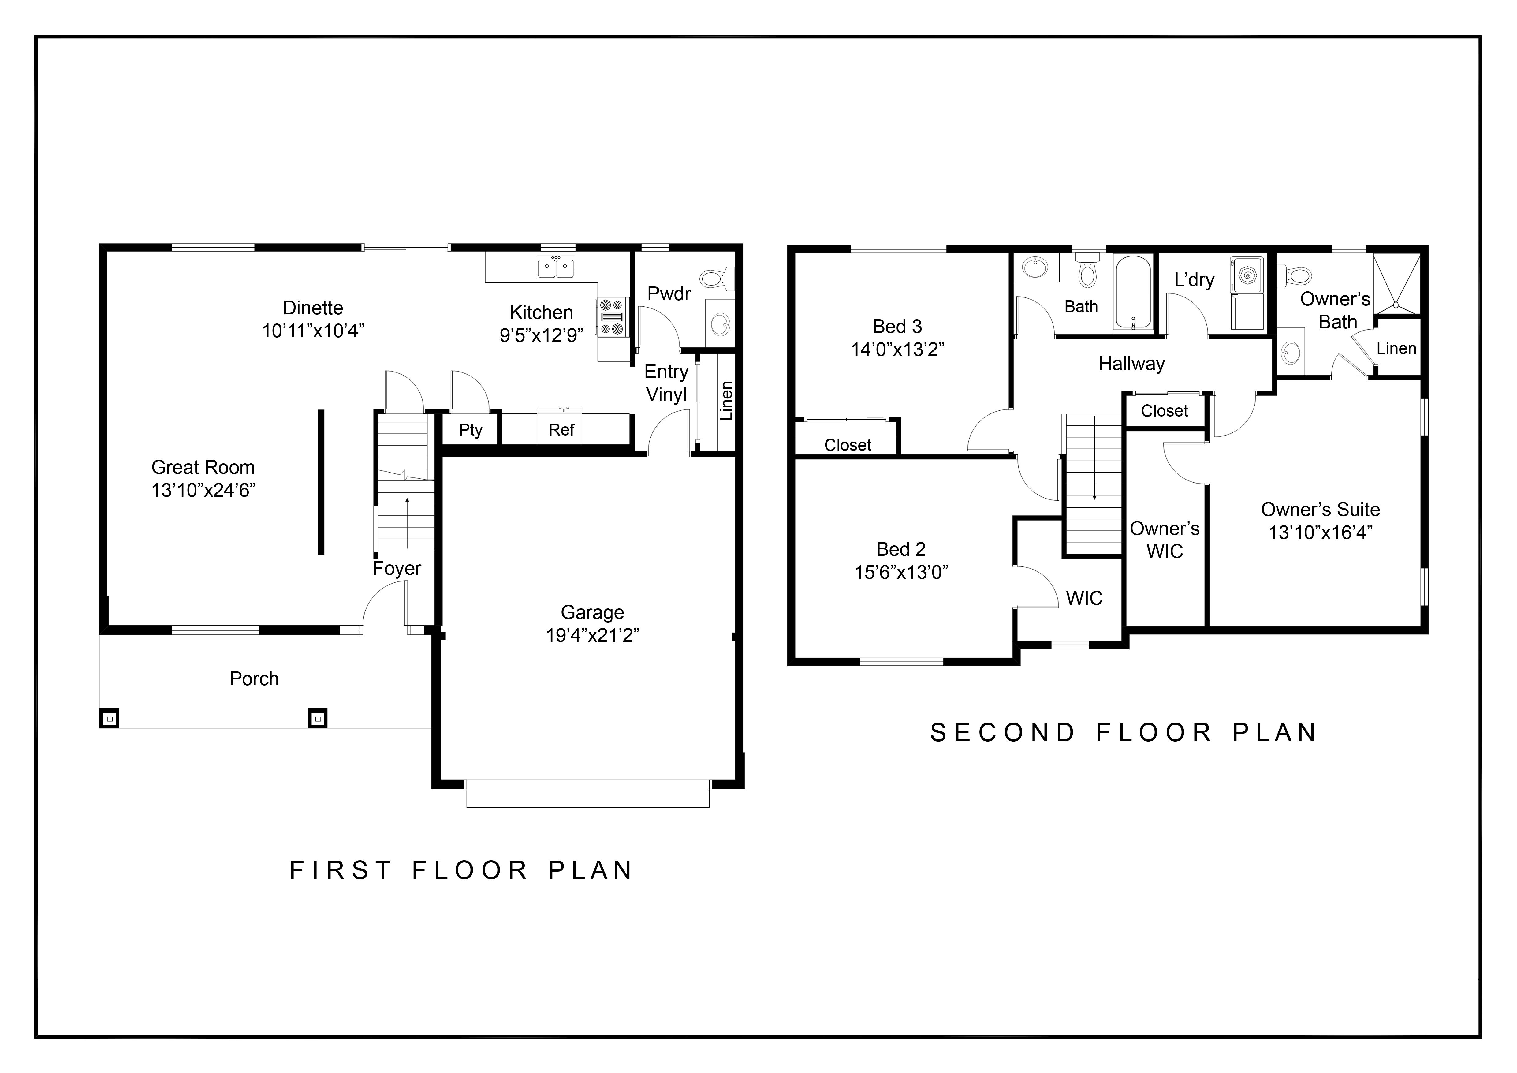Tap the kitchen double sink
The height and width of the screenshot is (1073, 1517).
point(556,267)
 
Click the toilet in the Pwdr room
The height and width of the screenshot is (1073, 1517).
point(715,278)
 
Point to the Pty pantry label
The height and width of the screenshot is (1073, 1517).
point(470,430)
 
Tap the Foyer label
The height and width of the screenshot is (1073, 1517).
point(397,569)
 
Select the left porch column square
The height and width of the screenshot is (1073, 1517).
point(110,718)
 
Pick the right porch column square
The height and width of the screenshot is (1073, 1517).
point(318,718)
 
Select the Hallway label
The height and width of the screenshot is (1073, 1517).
point(1131,364)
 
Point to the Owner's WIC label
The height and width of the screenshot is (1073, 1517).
point(1164,540)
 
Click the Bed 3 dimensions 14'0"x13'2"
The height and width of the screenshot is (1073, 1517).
point(897,350)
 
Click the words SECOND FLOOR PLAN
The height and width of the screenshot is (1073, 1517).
point(1123,733)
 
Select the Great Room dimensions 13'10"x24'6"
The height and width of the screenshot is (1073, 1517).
point(203,490)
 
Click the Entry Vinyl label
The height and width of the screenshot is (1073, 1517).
point(666,383)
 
